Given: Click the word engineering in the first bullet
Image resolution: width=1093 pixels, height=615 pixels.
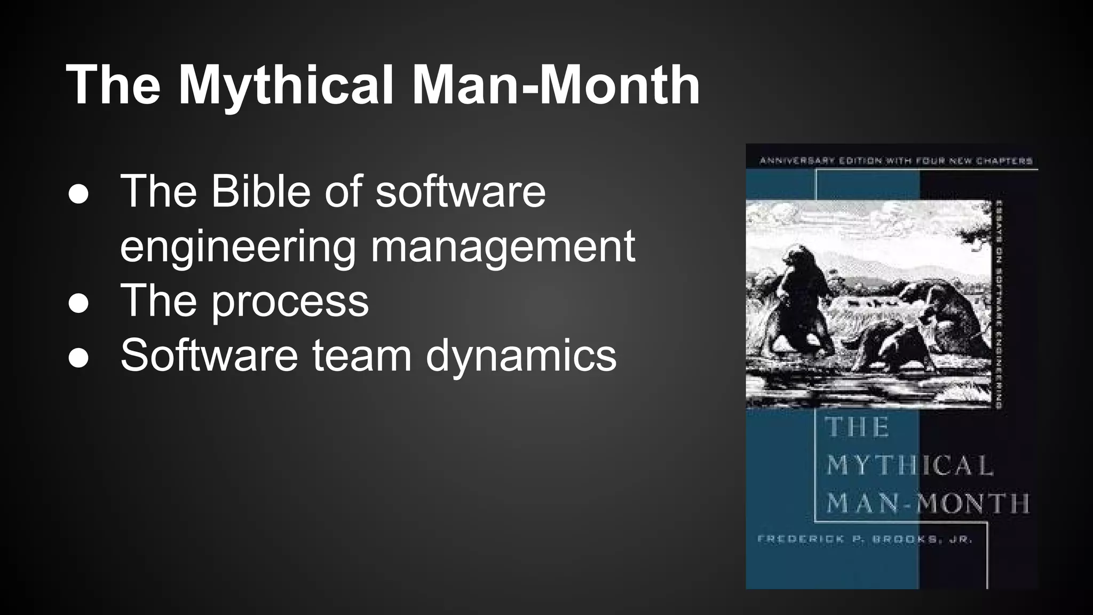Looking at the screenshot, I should pyautogui.click(x=237, y=247).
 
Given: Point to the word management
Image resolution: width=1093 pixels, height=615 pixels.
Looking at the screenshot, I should pyautogui.click(x=502, y=247).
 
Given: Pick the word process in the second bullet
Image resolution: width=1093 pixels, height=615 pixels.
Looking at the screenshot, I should pyautogui.click(x=290, y=301).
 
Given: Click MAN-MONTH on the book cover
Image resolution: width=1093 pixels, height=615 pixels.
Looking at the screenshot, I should pyautogui.click(x=928, y=503).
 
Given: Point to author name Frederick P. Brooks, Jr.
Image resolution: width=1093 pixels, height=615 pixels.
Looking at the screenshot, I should pyautogui.click(x=865, y=539).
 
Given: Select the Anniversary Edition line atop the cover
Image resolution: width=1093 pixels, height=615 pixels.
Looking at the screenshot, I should pyautogui.click(x=896, y=161).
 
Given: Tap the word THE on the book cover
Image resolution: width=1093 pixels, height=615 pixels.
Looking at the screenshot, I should pyautogui.click(x=857, y=428).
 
